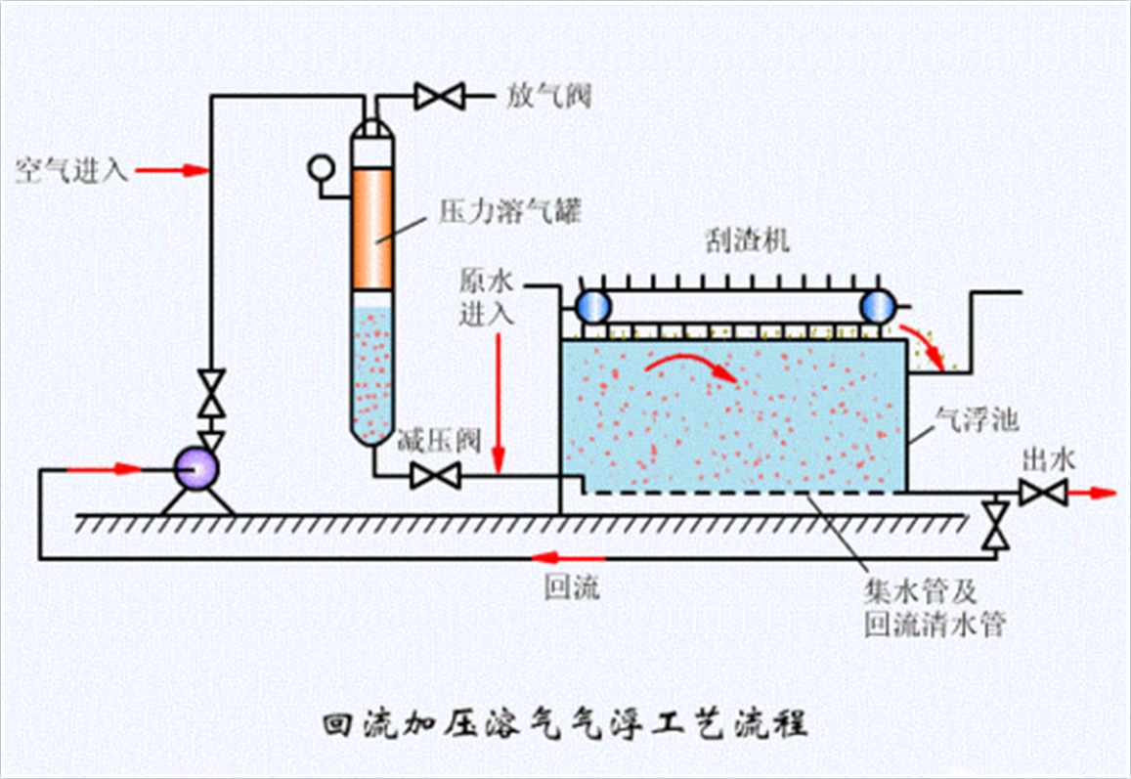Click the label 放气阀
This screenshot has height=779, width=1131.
point(549,96)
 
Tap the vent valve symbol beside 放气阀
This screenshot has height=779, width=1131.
point(438,96)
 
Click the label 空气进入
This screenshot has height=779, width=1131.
point(71,171)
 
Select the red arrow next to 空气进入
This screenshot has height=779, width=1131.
point(172,171)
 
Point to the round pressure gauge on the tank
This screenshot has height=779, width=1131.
point(319,168)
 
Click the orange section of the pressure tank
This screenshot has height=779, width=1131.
point(372,230)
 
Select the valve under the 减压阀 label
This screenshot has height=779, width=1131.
point(435,476)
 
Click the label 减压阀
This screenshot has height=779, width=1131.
point(438,442)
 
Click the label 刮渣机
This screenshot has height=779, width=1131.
point(747,240)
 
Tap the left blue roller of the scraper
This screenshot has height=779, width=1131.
point(593,307)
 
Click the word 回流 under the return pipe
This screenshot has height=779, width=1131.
point(573,589)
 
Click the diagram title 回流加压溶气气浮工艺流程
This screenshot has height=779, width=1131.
point(565,726)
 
